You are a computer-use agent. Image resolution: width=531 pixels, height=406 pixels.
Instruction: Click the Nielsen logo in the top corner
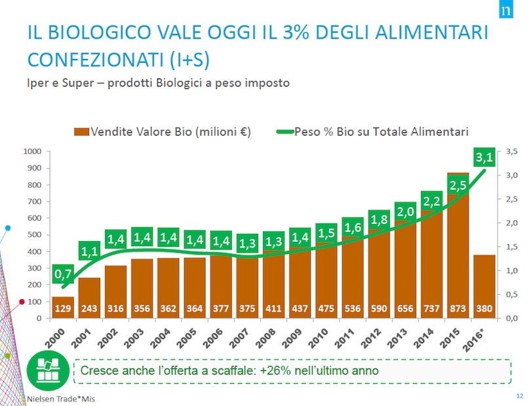(x=505, y=12)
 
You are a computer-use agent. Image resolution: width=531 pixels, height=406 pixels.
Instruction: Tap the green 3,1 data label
(x=483, y=157)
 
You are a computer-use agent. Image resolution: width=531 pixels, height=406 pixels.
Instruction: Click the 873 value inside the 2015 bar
(x=456, y=308)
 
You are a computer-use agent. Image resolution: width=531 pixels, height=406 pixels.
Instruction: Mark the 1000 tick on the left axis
(x=33, y=151)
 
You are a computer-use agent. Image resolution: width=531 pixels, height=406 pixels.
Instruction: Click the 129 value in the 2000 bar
(x=64, y=308)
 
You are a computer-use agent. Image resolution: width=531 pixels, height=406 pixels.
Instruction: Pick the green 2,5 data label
(x=457, y=185)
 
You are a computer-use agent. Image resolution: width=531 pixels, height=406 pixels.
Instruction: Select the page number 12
(x=519, y=397)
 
